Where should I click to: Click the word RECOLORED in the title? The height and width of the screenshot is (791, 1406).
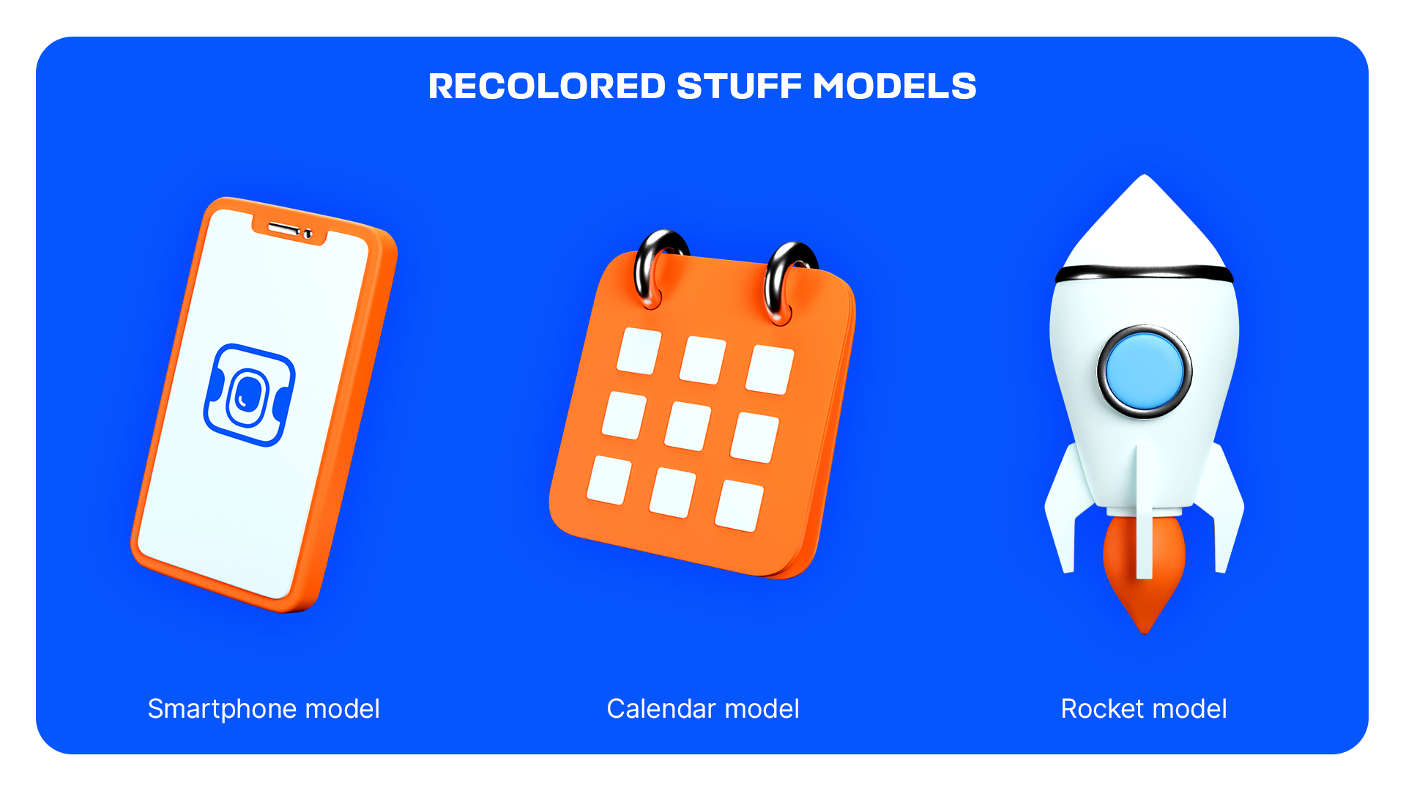(x=547, y=86)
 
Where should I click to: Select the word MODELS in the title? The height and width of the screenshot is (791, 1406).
(x=894, y=86)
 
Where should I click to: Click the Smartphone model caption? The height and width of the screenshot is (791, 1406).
(x=264, y=709)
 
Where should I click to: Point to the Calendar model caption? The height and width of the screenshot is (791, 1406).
(x=703, y=709)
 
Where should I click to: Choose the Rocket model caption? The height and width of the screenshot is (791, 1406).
(x=1144, y=709)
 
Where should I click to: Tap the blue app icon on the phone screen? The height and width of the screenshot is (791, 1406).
(x=249, y=395)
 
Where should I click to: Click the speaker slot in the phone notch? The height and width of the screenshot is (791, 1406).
(x=283, y=229)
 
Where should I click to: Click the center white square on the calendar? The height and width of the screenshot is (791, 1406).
(x=688, y=426)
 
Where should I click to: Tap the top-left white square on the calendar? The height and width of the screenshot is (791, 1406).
(x=639, y=351)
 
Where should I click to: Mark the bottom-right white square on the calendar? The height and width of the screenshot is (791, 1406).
(x=740, y=505)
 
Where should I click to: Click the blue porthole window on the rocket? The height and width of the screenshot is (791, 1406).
(x=1145, y=371)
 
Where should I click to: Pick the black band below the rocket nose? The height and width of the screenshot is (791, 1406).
(x=1145, y=274)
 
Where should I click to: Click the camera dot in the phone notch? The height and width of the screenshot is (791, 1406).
(x=308, y=234)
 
